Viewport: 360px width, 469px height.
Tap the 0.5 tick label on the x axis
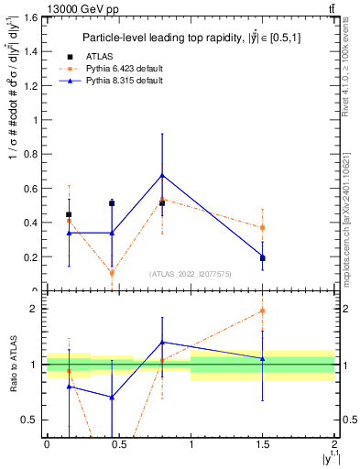[x=118, y=444]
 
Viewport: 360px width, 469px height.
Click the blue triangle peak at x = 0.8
[x=162, y=175]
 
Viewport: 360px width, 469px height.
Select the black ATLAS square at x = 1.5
[x=263, y=258]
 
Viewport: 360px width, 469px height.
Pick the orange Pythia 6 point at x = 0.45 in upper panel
[x=112, y=273]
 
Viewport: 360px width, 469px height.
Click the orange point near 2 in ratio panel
[x=263, y=311]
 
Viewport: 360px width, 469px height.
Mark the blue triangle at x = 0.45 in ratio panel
[x=112, y=397]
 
